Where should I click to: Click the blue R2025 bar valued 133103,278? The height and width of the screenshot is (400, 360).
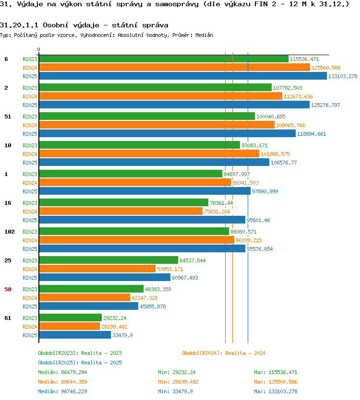(x=183, y=76)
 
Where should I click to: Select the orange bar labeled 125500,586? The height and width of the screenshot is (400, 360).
(x=174, y=67)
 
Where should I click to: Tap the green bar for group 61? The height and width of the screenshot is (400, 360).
(x=71, y=318)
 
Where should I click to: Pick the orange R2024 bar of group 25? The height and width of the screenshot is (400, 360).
(x=97, y=269)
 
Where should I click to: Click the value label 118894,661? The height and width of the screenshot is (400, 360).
(x=312, y=134)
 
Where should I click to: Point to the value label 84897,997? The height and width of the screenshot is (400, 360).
(x=237, y=174)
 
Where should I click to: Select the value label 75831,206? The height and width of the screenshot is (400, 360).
(x=217, y=212)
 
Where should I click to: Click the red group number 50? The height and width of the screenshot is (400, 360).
(x=8, y=289)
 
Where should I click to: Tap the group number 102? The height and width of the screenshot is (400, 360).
(x=10, y=232)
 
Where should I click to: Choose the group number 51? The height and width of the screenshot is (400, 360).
(x=8, y=117)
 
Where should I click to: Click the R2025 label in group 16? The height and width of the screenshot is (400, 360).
(x=30, y=220)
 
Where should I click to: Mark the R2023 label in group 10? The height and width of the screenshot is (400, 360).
(x=30, y=145)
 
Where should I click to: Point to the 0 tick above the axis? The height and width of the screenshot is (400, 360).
(x=38, y=49)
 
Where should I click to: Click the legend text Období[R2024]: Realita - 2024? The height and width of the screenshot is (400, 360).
(x=224, y=353)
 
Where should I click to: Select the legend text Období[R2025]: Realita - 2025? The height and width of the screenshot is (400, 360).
(x=80, y=363)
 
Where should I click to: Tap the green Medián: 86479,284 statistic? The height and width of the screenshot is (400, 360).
(x=62, y=372)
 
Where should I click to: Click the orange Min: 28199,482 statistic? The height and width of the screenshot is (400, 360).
(x=178, y=382)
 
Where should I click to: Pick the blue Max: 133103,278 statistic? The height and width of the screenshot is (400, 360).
(x=276, y=391)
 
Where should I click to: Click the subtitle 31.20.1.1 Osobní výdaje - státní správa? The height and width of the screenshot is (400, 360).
(x=84, y=25)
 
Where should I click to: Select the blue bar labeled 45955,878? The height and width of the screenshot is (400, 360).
(x=89, y=306)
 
